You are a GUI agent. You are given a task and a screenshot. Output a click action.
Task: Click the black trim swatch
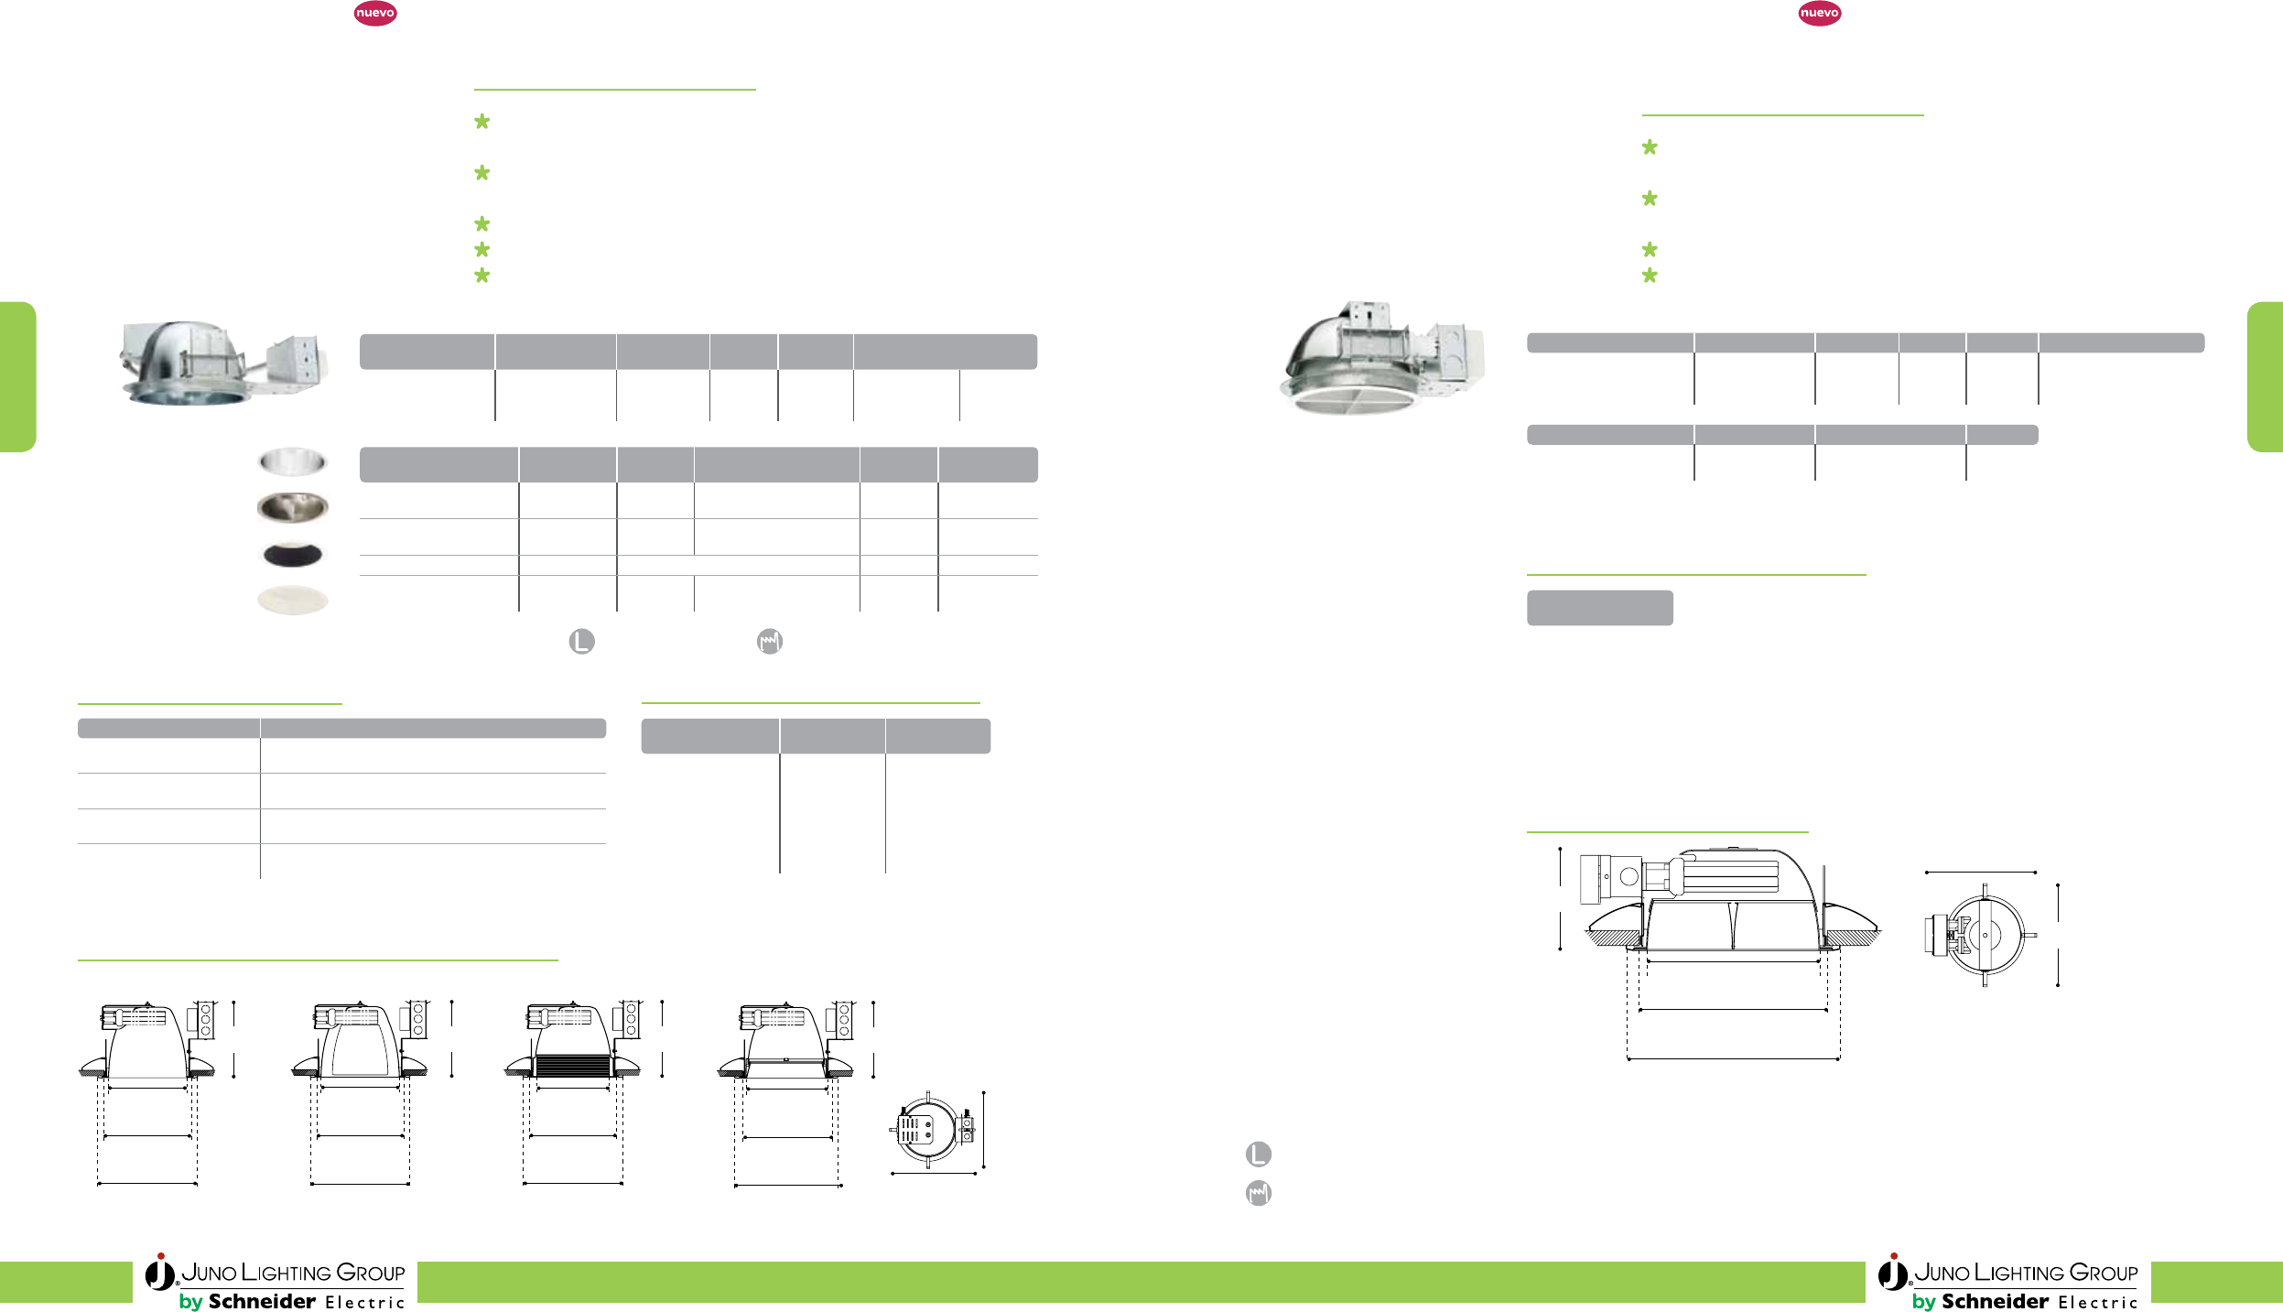pos(293,555)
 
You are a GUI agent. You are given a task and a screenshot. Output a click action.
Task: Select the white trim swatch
pos(293,600)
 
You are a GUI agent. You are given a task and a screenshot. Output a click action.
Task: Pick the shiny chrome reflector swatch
pos(293,461)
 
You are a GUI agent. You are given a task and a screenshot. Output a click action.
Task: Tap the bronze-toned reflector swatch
pos(293,507)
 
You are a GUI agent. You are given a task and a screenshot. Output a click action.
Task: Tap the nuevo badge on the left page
pos(375,14)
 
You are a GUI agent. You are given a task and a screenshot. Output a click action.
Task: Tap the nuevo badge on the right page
pos(1819,14)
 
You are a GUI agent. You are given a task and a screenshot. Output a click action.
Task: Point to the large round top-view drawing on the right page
pos(1983,935)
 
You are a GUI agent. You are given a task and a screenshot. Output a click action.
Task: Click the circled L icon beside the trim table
pos(581,641)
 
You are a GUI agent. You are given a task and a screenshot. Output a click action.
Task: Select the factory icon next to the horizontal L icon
pos(770,641)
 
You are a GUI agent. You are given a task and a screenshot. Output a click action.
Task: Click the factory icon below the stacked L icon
pos(1259,1193)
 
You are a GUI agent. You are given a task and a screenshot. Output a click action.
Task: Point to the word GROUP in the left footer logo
pos(371,1273)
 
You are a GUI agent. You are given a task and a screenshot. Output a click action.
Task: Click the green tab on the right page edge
pos(2265,376)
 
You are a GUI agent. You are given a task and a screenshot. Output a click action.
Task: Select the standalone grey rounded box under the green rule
pos(1599,608)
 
